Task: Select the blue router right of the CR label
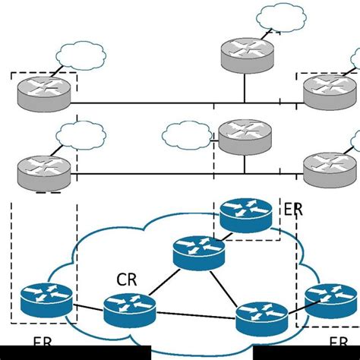[129, 309]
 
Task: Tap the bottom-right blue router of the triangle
[261, 318]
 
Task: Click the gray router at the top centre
[245, 53]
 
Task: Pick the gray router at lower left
[43, 169]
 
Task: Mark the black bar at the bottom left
[76, 353]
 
